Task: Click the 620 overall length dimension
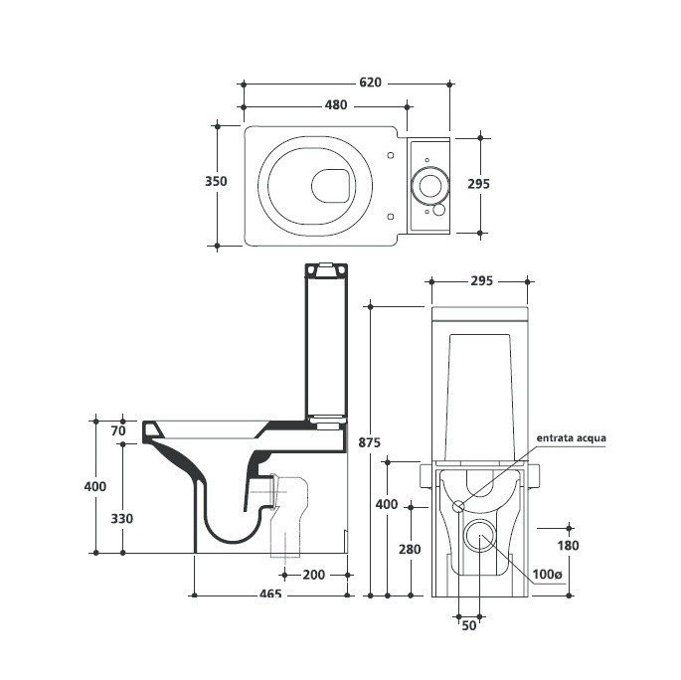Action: click(x=370, y=84)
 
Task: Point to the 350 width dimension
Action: click(x=216, y=182)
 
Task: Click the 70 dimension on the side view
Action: click(x=118, y=430)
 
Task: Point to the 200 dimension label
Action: click(x=314, y=574)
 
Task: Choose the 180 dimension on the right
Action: click(x=568, y=545)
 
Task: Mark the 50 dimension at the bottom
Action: click(x=469, y=624)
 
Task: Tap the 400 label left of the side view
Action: click(x=93, y=486)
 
